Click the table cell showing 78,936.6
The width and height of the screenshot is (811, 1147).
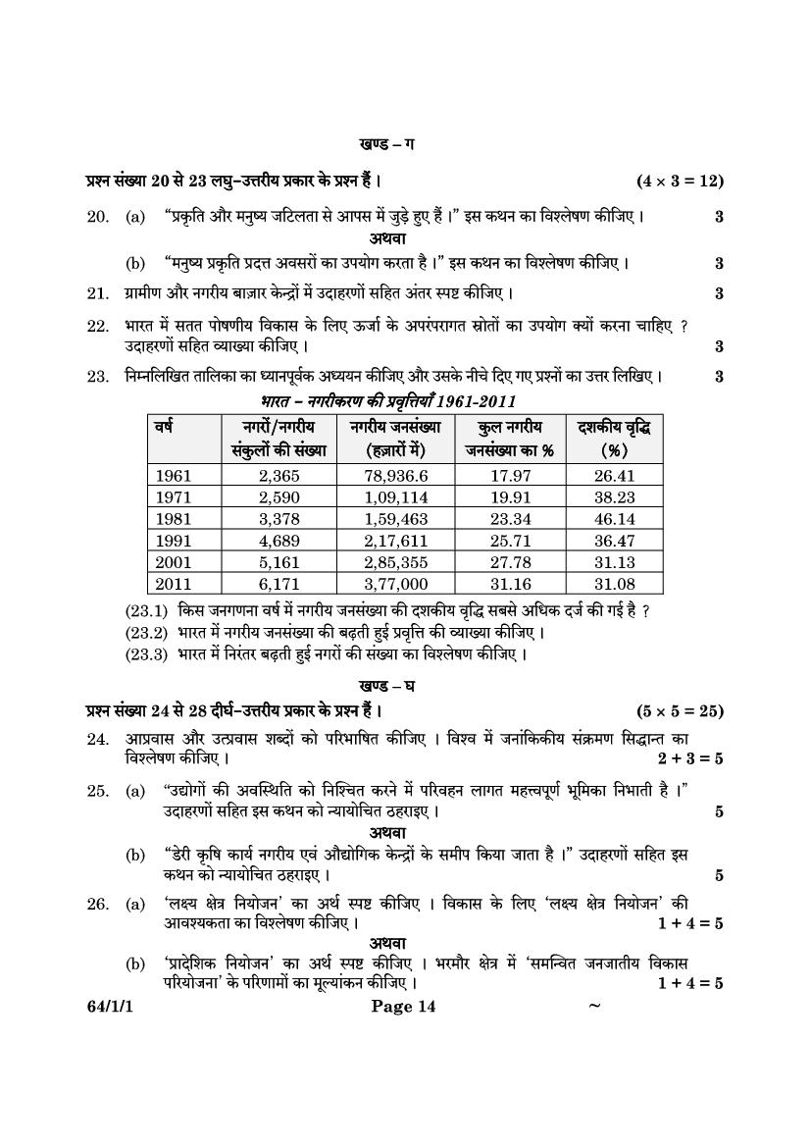click(395, 476)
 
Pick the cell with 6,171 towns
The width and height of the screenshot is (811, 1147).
click(279, 584)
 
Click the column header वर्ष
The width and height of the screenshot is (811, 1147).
click(164, 428)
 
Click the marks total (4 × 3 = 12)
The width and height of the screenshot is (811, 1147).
click(680, 181)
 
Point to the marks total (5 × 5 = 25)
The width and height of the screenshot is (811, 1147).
click(680, 710)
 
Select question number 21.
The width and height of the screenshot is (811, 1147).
click(97, 292)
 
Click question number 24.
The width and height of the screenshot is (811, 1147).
click(97, 739)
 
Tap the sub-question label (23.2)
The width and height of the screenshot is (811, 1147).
click(146, 633)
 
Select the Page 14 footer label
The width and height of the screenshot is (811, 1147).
click(404, 1006)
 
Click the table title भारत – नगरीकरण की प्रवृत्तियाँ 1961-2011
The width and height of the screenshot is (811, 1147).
click(388, 401)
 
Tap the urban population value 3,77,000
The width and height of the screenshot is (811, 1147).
click(395, 584)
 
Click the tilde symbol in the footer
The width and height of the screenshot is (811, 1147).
click(593, 1005)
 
